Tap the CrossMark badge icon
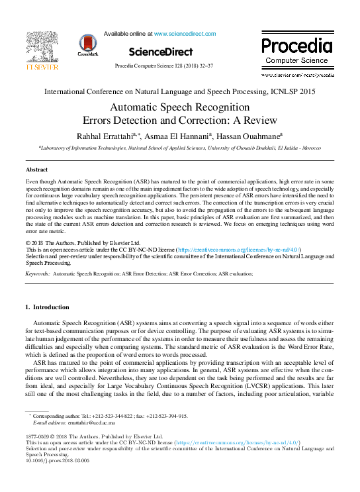click(x=88, y=44)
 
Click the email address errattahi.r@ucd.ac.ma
click(x=92, y=422)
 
